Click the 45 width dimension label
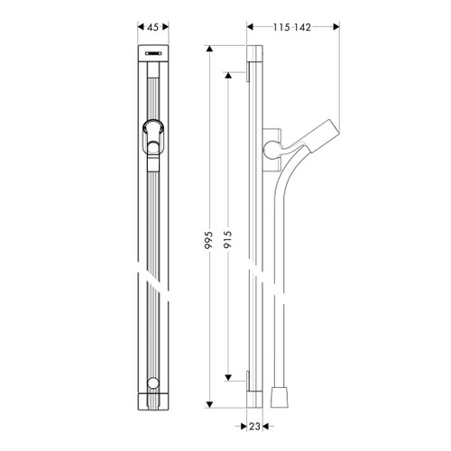click(152, 27)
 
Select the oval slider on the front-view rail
click(152, 136)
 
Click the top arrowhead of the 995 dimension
click(209, 48)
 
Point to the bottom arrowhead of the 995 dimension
click(209, 404)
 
